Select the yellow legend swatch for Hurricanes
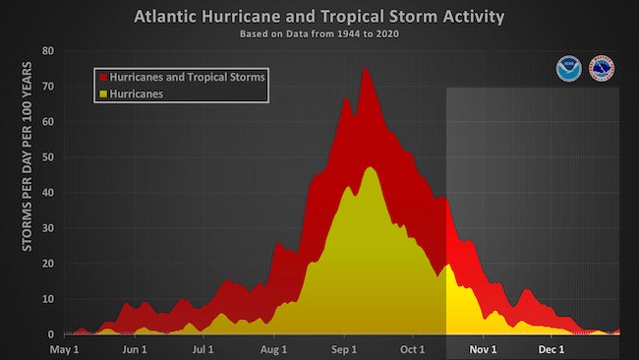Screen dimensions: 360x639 click(101, 93)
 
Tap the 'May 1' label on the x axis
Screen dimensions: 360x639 click(64, 349)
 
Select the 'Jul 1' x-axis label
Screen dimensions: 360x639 click(203, 349)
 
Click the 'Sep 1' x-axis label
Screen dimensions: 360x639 click(344, 349)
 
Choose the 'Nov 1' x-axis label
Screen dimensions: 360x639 click(483, 349)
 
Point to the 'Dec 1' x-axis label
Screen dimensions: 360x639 click(552, 349)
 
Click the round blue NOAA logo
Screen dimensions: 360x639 click(568, 69)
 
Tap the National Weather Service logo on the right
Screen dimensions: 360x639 click(602, 69)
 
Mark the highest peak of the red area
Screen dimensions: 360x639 click(366, 68)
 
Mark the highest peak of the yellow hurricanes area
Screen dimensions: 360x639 click(371, 167)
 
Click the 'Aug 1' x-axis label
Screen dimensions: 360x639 click(274, 349)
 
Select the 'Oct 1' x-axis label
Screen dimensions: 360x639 click(413, 349)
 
